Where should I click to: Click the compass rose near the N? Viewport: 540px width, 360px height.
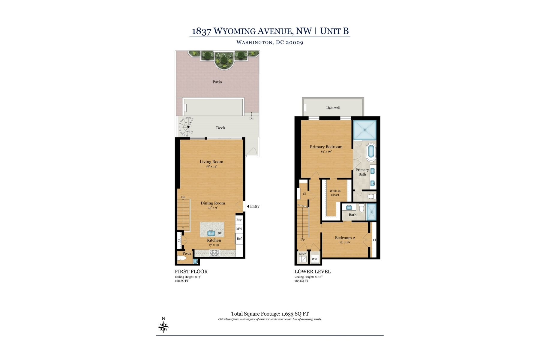[163, 327]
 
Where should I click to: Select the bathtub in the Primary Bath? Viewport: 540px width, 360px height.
[371, 152]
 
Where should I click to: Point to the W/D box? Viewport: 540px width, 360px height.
[315, 259]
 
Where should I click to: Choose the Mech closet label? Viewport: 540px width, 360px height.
[302, 254]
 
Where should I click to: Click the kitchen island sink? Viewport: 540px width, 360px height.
[211, 233]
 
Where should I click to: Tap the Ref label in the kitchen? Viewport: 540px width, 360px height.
[239, 239]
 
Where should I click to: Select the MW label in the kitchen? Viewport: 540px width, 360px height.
[239, 229]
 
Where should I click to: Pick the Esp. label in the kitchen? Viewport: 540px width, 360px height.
[239, 220]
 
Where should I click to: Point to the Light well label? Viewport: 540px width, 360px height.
[333, 108]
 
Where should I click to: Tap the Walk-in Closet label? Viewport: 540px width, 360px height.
[335, 193]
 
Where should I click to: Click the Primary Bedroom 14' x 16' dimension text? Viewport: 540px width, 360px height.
[326, 151]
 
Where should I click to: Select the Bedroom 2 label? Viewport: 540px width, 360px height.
[345, 238]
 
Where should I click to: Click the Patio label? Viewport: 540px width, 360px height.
[217, 82]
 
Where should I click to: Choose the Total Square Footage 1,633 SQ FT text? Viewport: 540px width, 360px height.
[270, 314]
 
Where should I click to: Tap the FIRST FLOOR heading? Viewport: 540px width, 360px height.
[191, 271]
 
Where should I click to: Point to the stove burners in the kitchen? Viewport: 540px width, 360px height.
[214, 253]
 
